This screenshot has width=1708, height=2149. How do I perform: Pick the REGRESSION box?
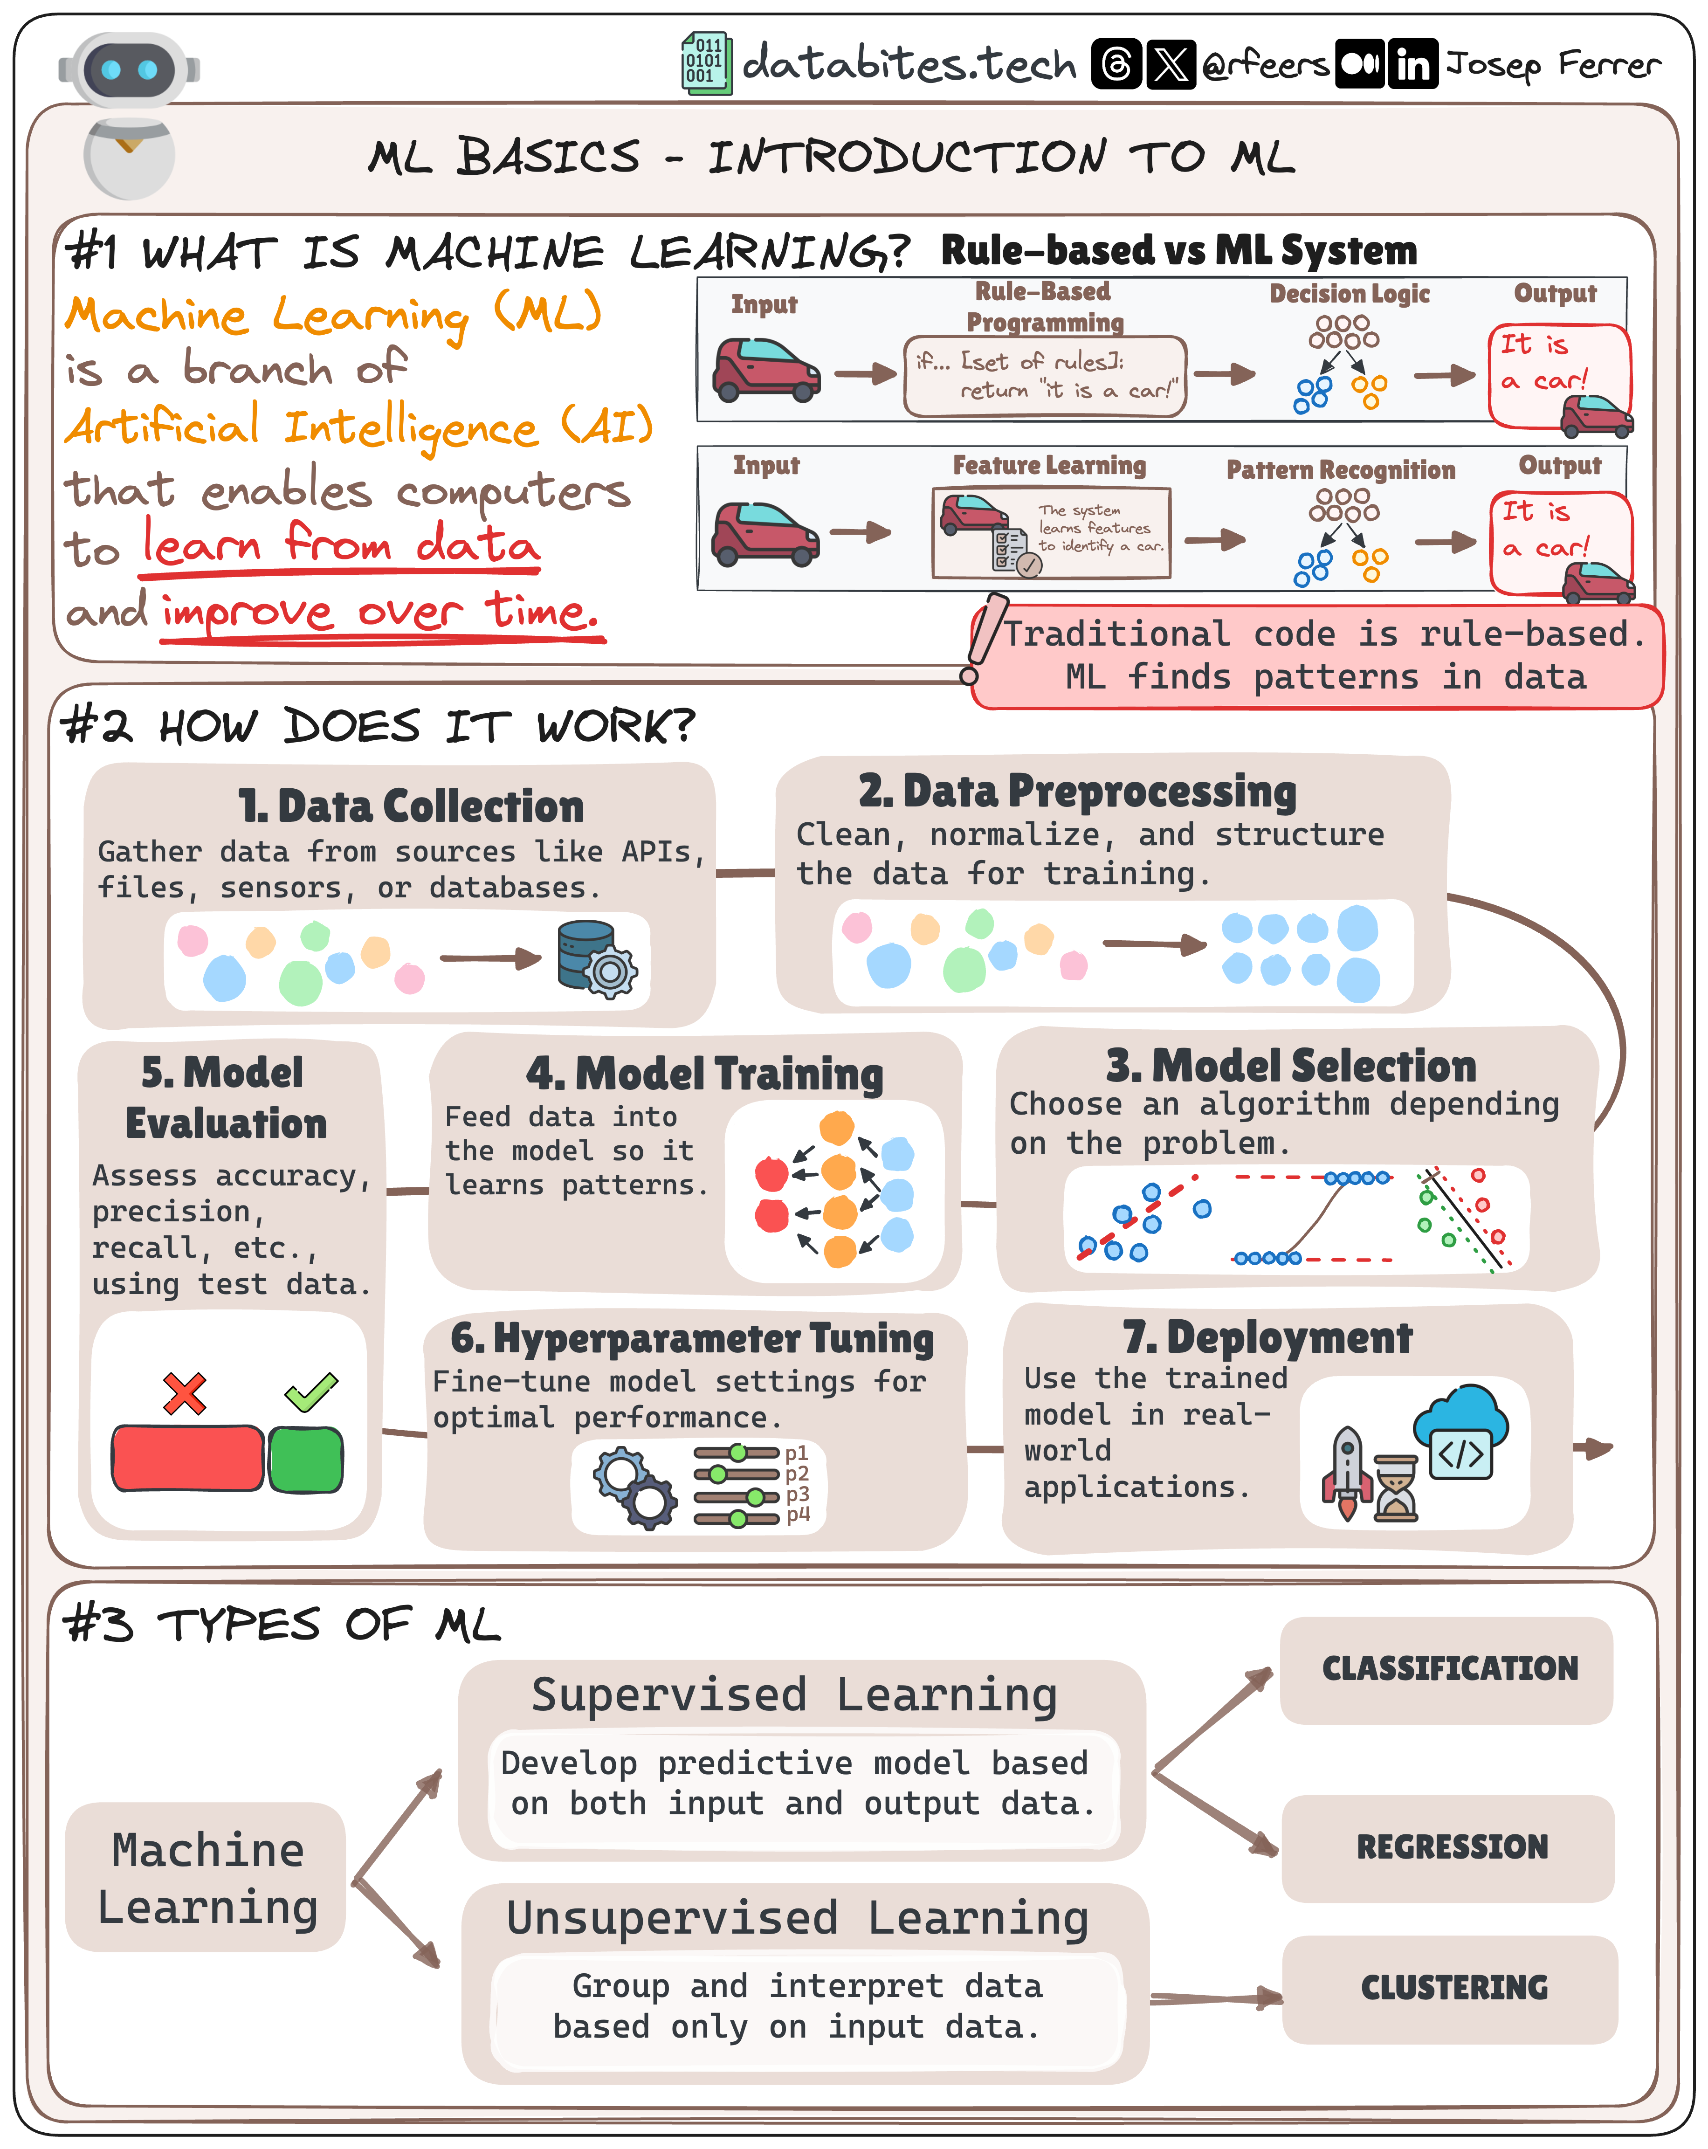(1451, 1847)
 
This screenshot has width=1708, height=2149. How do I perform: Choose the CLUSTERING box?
(1453, 1988)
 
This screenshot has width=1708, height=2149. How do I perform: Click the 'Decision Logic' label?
(1349, 294)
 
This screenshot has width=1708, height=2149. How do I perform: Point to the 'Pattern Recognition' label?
(1340, 469)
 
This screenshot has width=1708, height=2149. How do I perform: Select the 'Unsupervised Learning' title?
(797, 1919)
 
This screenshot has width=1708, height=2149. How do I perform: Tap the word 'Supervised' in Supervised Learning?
(668, 1695)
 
